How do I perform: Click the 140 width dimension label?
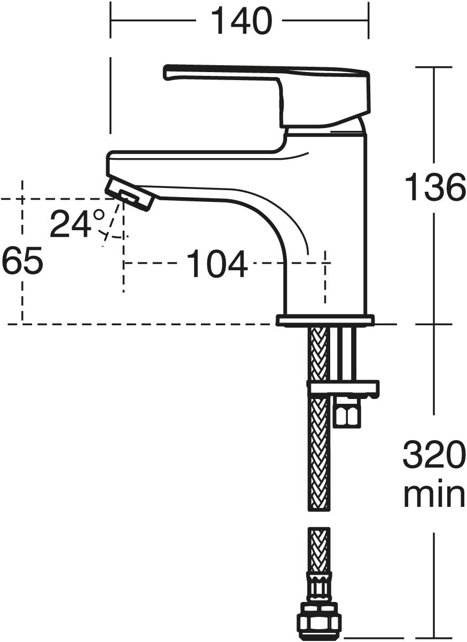[x=240, y=21]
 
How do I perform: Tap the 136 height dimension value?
[x=434, y=187]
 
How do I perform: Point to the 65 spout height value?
[x=22, y=262]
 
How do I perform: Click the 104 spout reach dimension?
[x=216, y=264]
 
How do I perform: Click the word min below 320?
[x=433, y=495]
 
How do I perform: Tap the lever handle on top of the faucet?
[x=267, y=80]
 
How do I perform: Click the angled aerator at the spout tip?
[x=130, y=194]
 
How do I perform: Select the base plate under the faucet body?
[x=325, y=320]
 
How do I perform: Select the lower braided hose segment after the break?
[x=320, y=550]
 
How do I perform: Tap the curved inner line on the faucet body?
[x=289, y=214]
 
